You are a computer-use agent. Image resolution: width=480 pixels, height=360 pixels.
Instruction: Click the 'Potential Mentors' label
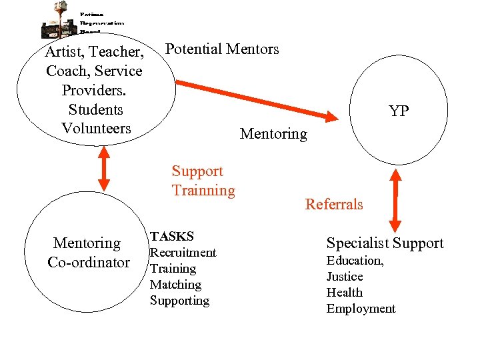tap(222, 49)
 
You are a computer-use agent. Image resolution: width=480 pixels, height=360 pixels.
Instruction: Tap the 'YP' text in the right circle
tap(399, 111)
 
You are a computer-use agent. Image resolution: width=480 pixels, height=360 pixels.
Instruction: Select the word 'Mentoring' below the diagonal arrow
tap(273, 134)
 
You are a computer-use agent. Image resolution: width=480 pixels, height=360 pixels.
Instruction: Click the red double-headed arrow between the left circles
tap(103, 169)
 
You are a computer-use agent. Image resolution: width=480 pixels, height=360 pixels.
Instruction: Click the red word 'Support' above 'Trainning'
tap(197, 171)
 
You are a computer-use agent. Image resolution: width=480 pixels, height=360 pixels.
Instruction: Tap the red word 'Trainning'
tap(203, 191)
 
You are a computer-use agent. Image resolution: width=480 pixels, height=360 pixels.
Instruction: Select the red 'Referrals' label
tap(334, 204)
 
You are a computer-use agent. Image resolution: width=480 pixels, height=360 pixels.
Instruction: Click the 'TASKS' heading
tap(172, 236)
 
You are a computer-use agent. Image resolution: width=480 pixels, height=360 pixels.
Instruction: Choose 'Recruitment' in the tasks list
tap(183, 253)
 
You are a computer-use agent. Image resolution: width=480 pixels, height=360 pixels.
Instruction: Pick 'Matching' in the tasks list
tap(175, 285)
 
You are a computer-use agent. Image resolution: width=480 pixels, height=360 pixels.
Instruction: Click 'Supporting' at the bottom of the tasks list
tap(179, 301)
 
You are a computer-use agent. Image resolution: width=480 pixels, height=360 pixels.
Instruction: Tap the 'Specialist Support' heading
tap(385, 243)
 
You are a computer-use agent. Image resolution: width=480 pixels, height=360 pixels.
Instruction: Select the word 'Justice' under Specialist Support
tap(345, 277)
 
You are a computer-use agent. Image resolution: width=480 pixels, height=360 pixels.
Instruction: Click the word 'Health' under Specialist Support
tap(345, 293)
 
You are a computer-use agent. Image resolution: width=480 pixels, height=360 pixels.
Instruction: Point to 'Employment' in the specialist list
tap(361, 309)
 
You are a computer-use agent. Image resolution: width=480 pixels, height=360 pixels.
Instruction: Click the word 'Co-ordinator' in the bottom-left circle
tap(89, 263)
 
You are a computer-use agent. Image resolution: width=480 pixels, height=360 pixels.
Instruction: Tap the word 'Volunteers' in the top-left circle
tap(96, 129)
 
